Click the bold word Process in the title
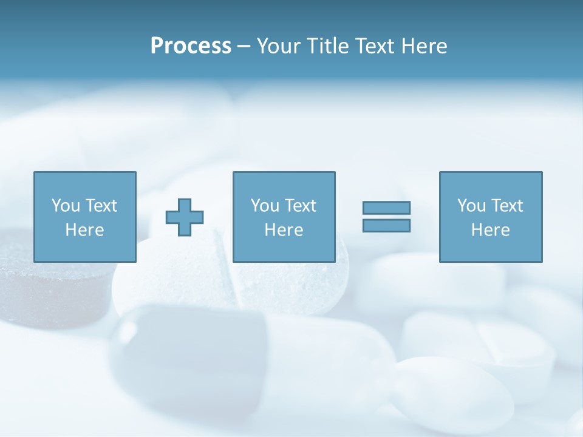[191, 46]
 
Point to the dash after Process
[244, 47]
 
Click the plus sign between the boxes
[185, 217]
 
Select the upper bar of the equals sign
[386, 208]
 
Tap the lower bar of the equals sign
[386, 225]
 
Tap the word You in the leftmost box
[65, 206]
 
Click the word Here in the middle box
[284, 230]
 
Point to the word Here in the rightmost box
[490, 230]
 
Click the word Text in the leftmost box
[101, 206]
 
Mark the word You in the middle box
[264, 206]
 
